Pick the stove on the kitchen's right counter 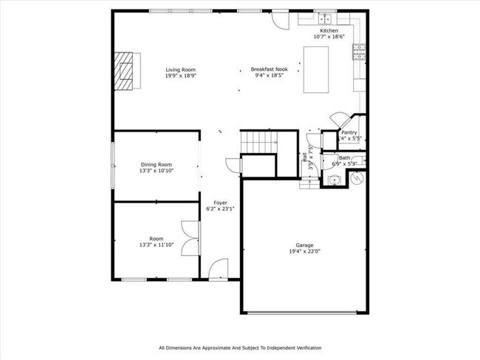360,51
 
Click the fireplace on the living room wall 125,69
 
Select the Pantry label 349,132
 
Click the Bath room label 345,157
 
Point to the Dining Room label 157,164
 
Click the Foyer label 220,203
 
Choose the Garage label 305,245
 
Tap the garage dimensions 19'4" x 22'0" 305,251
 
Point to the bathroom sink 334,180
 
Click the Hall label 305,157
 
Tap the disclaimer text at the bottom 240,347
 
